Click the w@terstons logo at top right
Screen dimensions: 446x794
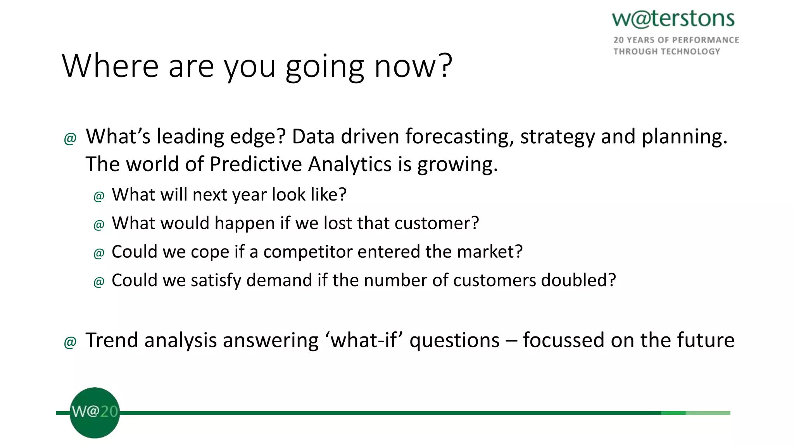(673, 19)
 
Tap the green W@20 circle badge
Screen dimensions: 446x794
(95, 413)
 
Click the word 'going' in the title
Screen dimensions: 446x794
(325, 67)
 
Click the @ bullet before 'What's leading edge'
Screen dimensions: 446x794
(70, 139)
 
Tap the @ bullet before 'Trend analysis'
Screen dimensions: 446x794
(70, 342)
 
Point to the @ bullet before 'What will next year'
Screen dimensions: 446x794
(99, 196)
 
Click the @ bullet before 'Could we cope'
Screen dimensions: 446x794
(99, 254)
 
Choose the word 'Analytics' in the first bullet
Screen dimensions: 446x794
(350, 164)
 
